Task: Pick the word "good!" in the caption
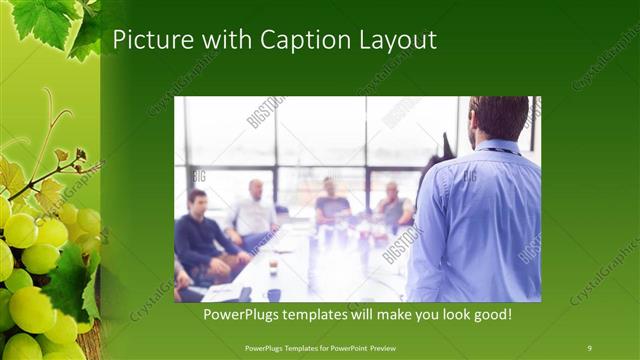coord(490,315)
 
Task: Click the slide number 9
coord(589,347)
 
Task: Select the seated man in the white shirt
coord(254,212)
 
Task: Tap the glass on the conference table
coord(272,267)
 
